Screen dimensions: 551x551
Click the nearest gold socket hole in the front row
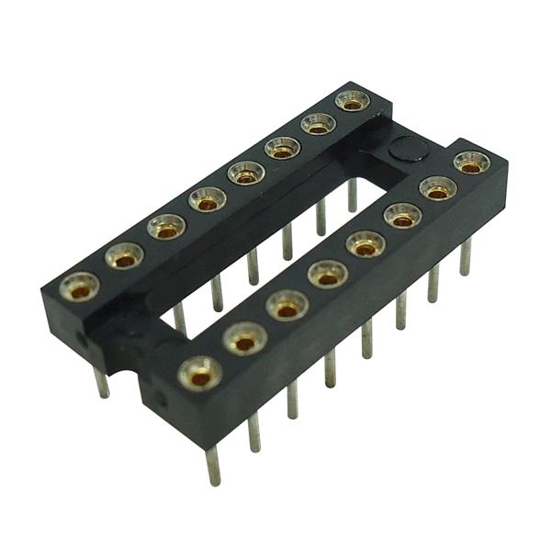pyautogui.click(x=199, y=374)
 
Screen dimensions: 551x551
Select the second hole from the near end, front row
pyautogui.click(x=244, y=339)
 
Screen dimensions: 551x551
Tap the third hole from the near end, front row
pyautogui.click(x=287, y=305)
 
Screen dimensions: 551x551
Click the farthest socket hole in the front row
pyautogui.click(x=471, y=163)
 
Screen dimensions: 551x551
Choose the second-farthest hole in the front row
pyautogui.click(x=438, y=188)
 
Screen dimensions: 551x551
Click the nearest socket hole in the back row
pyautogui.click(x=80, y=287)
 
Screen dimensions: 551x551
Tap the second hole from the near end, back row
pyautogui.click(x=124, y=255)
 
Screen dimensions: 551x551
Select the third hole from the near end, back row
pyautogui.click(x=166, y=226)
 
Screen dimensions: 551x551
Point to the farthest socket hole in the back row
pyautogui.click(x=352, y=100)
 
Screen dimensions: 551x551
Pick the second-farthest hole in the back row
pyautogui.click(x=318, y=123)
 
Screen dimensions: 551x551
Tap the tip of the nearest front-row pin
pyautogui.click(x=214, y=478)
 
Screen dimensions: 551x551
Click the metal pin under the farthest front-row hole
pyautogui.click(x=465, y=257)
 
